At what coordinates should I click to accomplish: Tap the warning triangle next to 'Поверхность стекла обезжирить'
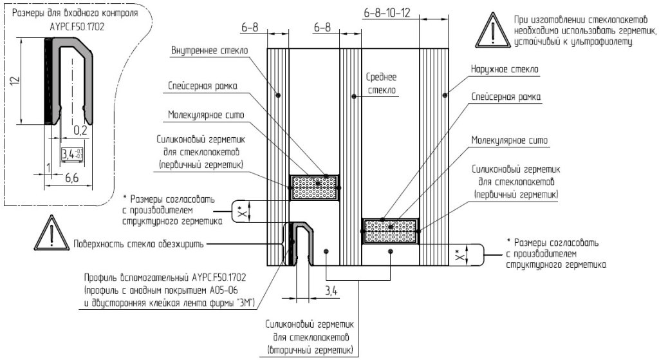[x=50, y=234]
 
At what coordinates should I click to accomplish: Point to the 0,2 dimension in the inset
[x=80, y=131]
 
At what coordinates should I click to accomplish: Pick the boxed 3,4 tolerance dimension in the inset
[x=71, y=154]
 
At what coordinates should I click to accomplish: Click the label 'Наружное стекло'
[x=505, y=68]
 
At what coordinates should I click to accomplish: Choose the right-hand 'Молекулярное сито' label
[x=505, y=140]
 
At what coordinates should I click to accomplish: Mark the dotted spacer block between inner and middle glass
[x=315, y=187]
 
